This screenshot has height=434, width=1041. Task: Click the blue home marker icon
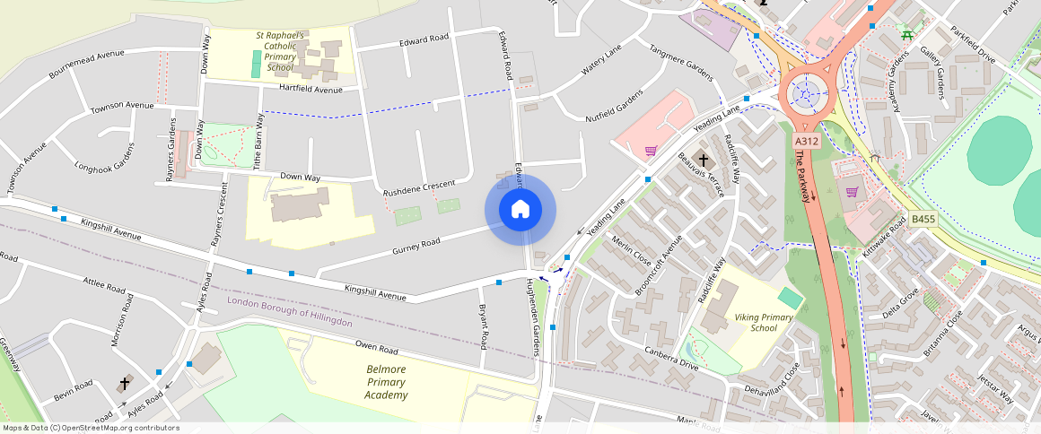pyautogui.click(x=520, y=210)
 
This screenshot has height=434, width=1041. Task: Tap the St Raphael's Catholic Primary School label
pyautogui.click(x=286, y=51)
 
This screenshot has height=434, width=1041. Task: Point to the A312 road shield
pyautogui.click(x=805, y=141)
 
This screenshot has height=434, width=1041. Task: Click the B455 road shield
pyautogui.click(x=923, y=219)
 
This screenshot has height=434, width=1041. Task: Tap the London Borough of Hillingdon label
pyautogui.click(x=290, y=310)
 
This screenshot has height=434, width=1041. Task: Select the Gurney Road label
pyautogui.click(x=416, y=243)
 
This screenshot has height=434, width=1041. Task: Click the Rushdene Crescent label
pyautogui.click(x=419, y=188)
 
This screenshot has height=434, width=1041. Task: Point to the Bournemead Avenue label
pyautogui.click(x=86, y=65)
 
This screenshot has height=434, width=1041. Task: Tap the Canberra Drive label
pyautogui.click(x=670, y=357)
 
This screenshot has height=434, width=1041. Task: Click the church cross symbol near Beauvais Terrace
pyautogui.click(x=704, y=161)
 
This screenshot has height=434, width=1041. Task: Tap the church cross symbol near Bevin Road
pyautogui.click(x=125, y=384)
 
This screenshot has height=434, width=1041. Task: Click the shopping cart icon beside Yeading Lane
pyautogui.click(x=651, y=151)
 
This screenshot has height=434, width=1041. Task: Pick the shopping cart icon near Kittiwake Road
pyautogui.click(x=851, y=191)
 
